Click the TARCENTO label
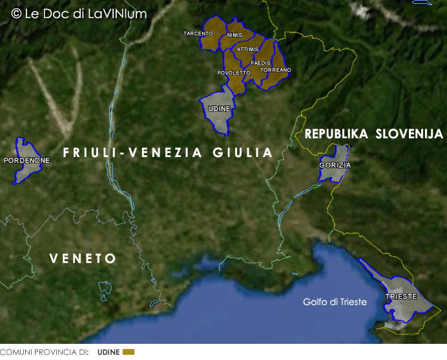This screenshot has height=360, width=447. tap(198, 34)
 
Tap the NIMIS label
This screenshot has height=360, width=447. tap(234, 35)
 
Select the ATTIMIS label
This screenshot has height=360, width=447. tap(247, 49)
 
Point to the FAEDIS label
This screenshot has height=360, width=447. tap(260, 63)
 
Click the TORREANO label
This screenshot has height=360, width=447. tap(276, 70)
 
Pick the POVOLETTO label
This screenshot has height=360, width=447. tap(233, 73)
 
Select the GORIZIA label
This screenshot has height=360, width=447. tap(335, 165)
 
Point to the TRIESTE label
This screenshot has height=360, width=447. tap(401, 297)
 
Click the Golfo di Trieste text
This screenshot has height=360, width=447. tap(335, 302)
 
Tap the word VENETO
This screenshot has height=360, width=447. tap(83, 259)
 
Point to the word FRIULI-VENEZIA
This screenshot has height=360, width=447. tap(126, 153)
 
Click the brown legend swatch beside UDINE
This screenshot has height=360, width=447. tap(129, 352)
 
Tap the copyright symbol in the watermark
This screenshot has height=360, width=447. tap(16, 13)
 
